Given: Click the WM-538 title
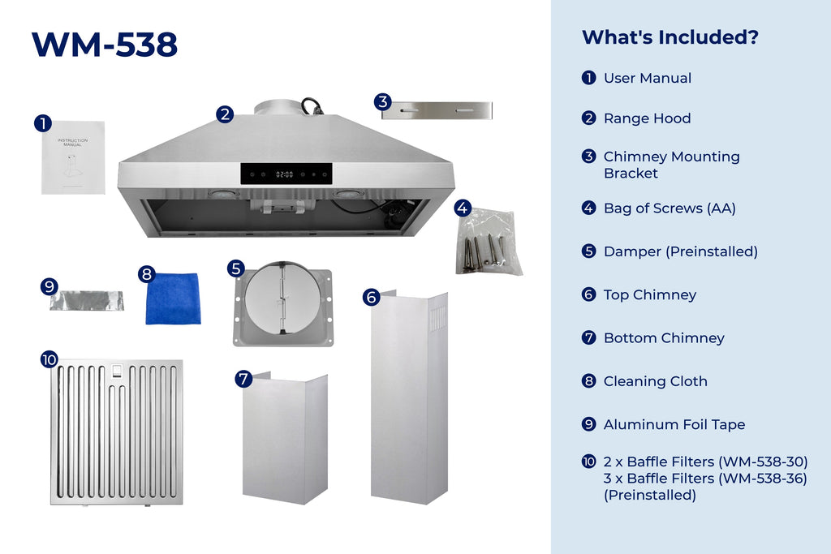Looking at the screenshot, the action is (x=105, y=45).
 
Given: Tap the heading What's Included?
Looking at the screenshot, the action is (x=670, y=37).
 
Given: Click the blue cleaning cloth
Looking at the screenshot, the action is (x=173, y=298).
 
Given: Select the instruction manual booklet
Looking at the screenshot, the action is (x=73, y=157).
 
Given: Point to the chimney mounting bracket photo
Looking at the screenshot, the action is (x=437, y=110).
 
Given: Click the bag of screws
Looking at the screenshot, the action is (x=489, y=243).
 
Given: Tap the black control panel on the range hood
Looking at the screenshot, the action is (x=286, y=174).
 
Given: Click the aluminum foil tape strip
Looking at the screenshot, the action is (x=87, y=300).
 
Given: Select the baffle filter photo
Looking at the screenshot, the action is (x=117, y=432).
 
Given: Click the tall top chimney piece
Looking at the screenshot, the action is (x=409, y=397).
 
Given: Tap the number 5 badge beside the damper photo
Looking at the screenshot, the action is (x=236, y=268).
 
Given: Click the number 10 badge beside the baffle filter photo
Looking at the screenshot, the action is (x=50, y=359).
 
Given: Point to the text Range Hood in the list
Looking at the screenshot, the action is (x=647, y=118).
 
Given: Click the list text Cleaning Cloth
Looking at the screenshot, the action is (x=656, y=381).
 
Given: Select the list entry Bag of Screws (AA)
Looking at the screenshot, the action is (x=670, y=208).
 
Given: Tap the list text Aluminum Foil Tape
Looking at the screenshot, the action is (x=674, y=424).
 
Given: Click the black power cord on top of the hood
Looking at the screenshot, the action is (x=311, y=106).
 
